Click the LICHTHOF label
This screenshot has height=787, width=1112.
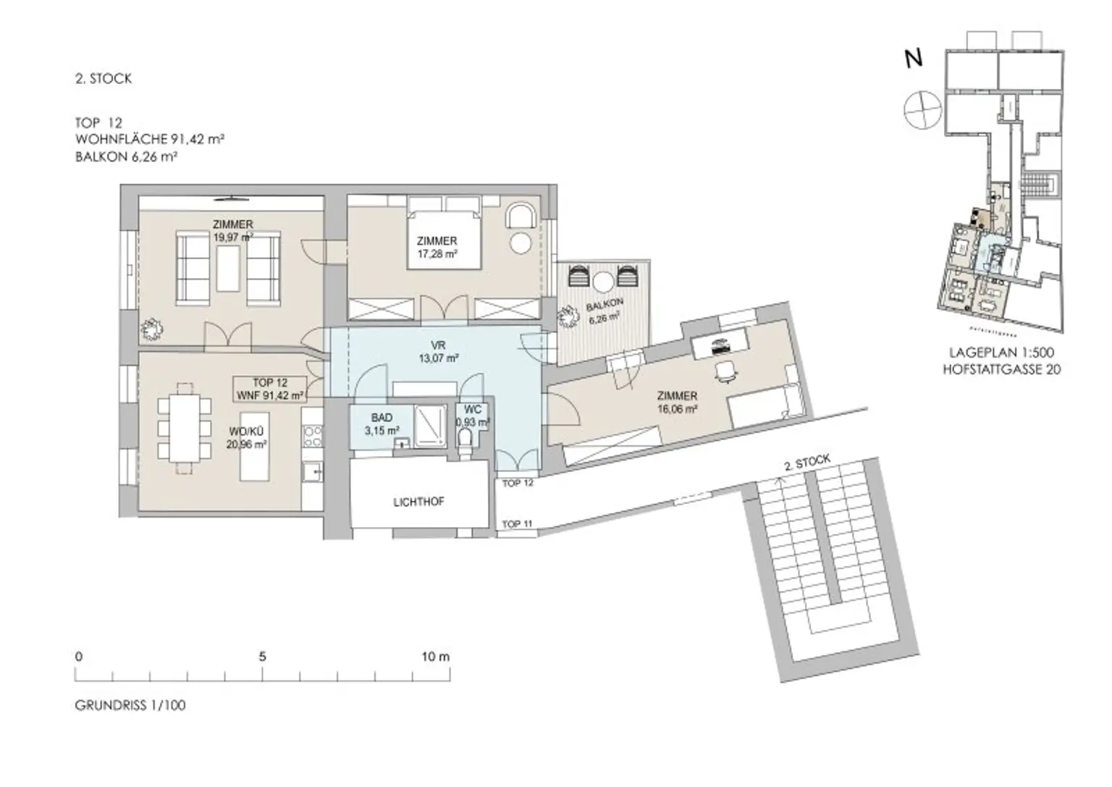tap(418, 502)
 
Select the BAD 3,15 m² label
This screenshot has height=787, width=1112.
tap(382, 424)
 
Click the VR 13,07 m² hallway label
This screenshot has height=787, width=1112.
tap(437, 351)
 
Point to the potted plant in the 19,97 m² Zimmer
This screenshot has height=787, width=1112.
tap(152, 330)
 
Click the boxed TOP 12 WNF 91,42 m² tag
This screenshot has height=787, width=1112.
tap(270, 390)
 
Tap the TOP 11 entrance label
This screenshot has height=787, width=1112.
tap(517, 524)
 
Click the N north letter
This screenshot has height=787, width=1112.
tap(914, 59)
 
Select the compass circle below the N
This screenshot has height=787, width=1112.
tap(922, 109)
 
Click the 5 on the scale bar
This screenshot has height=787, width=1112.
tap(262, 657)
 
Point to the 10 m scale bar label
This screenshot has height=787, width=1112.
tap(435, 657)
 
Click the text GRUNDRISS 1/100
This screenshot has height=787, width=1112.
tap(130, 705)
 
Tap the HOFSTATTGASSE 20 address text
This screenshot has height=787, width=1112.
tap(1001, 369)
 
